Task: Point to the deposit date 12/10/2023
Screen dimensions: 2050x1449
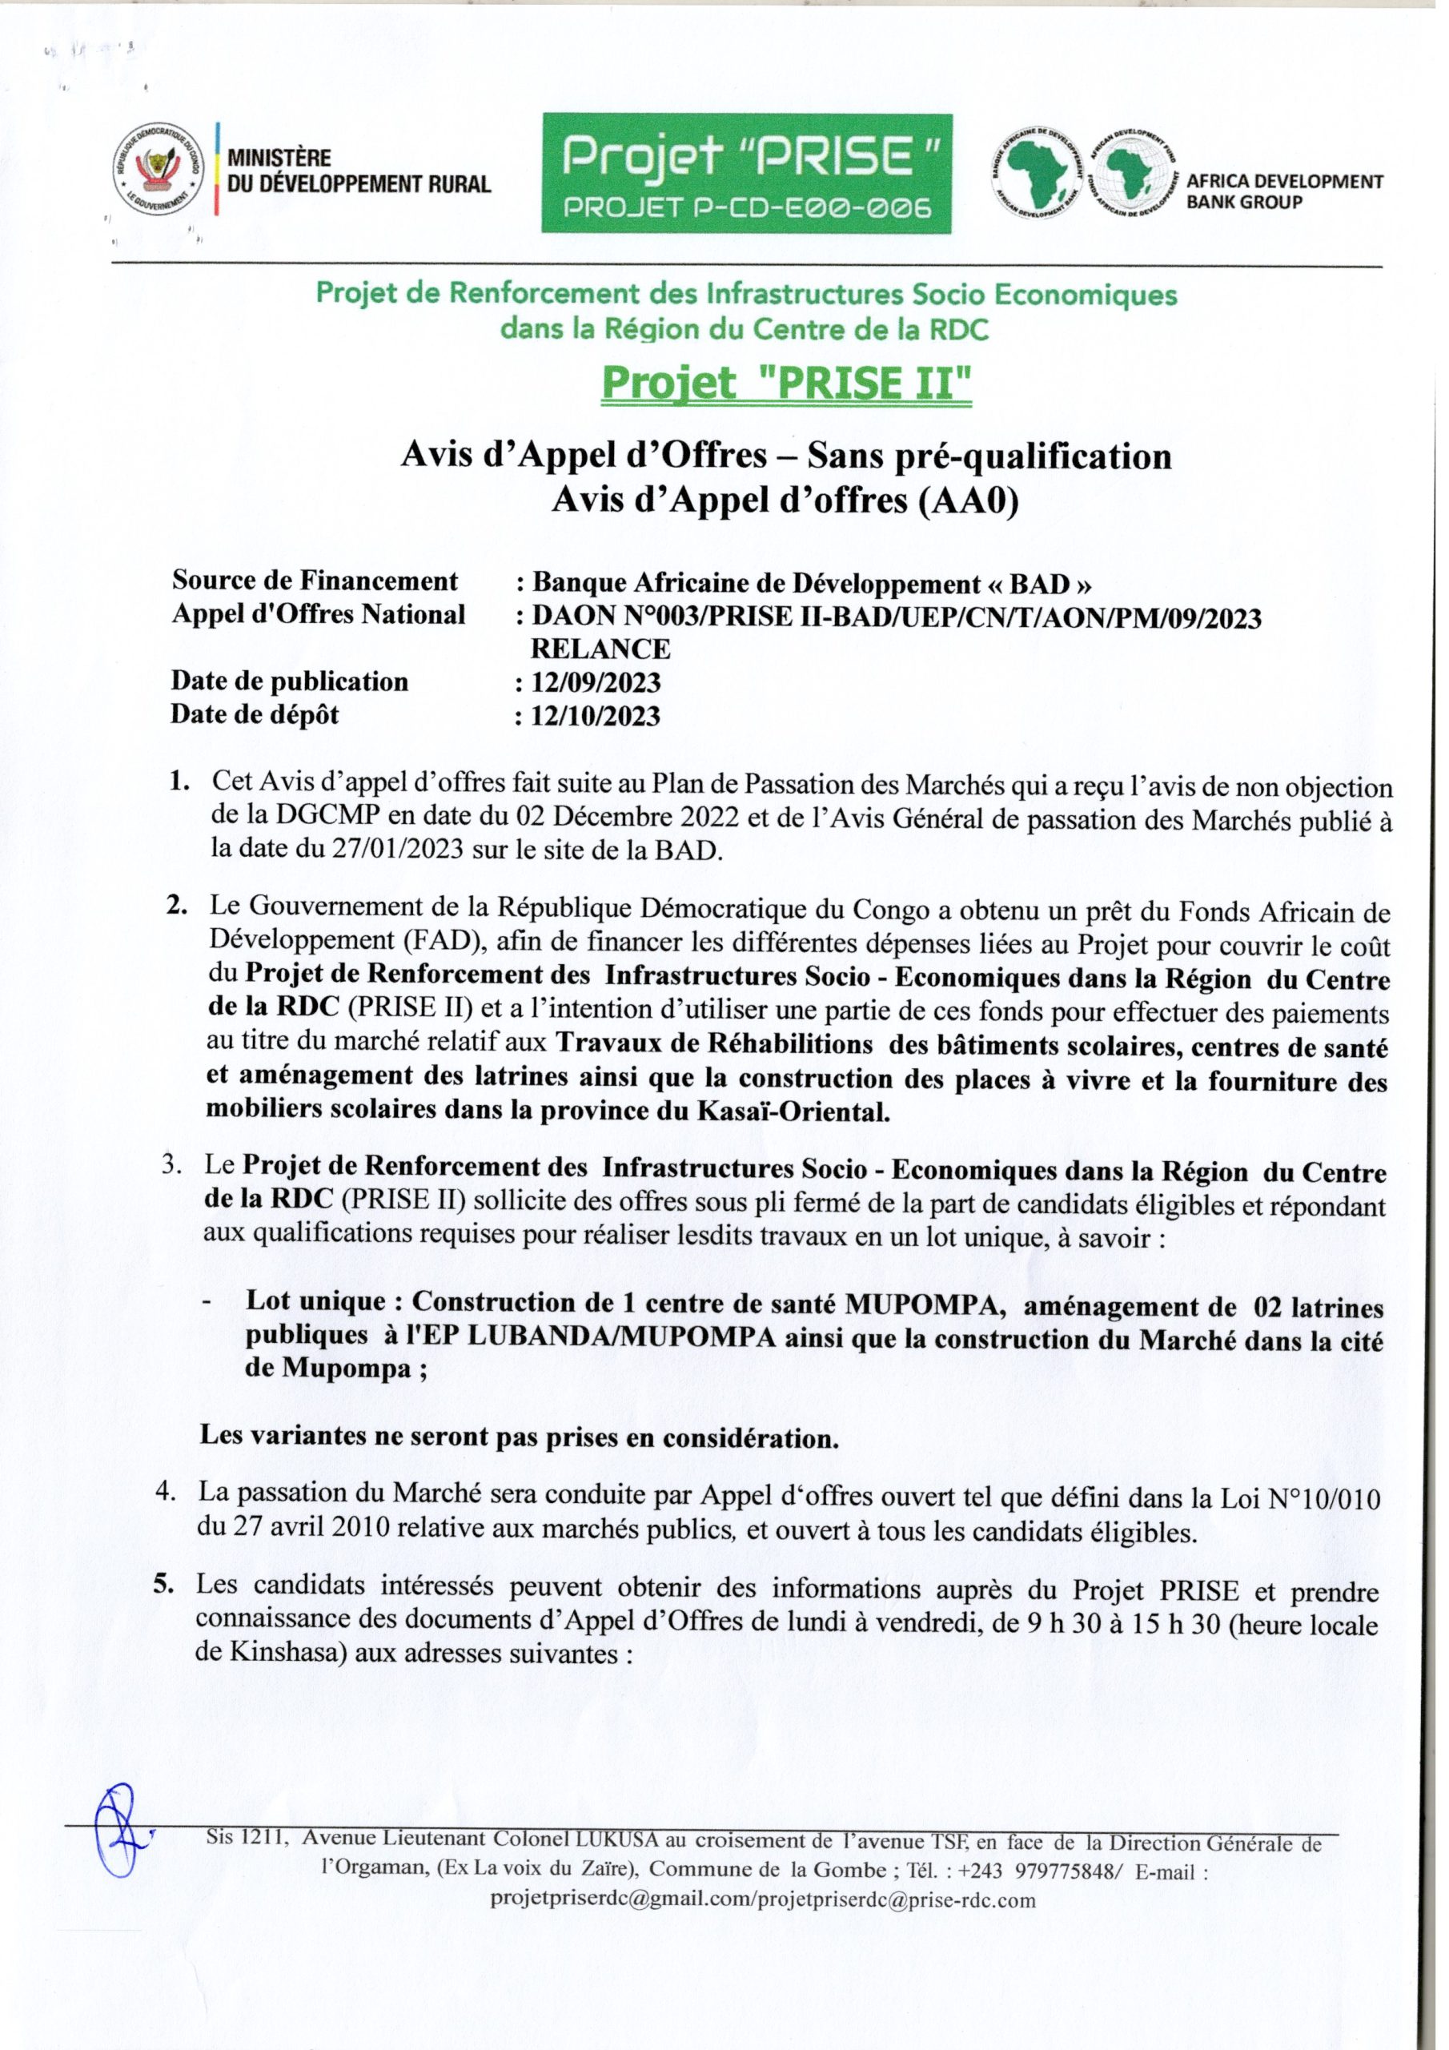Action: (x=596, y=715)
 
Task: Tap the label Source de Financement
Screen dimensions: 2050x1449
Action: (x=315, y=582)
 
